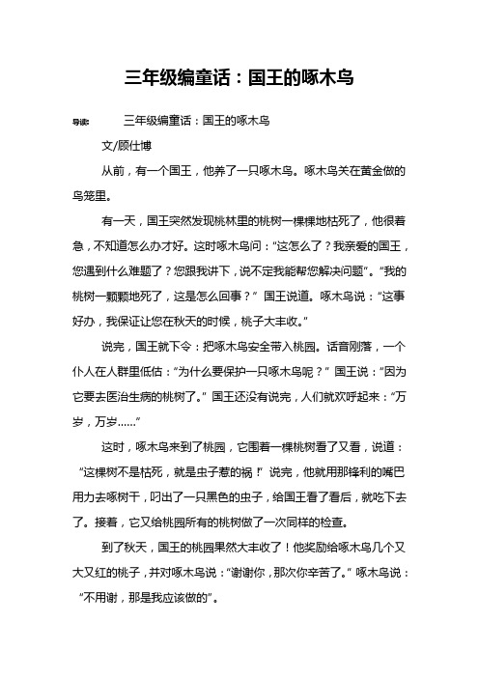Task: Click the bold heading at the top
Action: [239, 77]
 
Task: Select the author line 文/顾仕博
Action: [127, 146]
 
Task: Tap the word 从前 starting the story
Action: [114, 169]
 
